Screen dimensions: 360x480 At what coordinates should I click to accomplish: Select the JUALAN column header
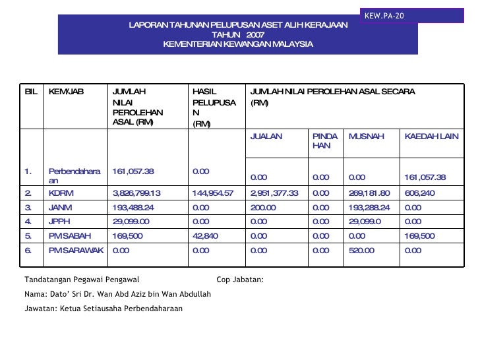click(x=266, y=136)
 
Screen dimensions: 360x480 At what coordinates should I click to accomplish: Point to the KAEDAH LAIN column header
click(x=431, y=136)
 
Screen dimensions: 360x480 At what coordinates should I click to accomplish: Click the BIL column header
click(x=31, y=92)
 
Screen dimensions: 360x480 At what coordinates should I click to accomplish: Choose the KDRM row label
click(x=61, y=193)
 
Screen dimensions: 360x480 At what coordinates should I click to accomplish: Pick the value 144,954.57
click(x=212, y=193)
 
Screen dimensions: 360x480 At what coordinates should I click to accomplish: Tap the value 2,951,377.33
click(x=274, y=193)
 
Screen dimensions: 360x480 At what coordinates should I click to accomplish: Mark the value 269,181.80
click(x=369, y=193)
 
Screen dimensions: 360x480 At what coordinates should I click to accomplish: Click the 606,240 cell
click(x=420, y=193)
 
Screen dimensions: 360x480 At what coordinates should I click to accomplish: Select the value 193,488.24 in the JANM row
click(x=135, y=208)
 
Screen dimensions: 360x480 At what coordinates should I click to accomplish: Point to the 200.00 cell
click(x=263, y=208)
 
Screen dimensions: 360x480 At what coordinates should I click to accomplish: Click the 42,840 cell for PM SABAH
click(x=204, y=236)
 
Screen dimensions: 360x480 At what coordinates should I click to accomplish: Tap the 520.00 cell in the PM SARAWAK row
click(x=361, y=250)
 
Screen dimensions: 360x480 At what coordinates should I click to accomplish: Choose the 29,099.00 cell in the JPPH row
click(x=131, y=222)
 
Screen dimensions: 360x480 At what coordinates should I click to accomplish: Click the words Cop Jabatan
click(x=240, y=280)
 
